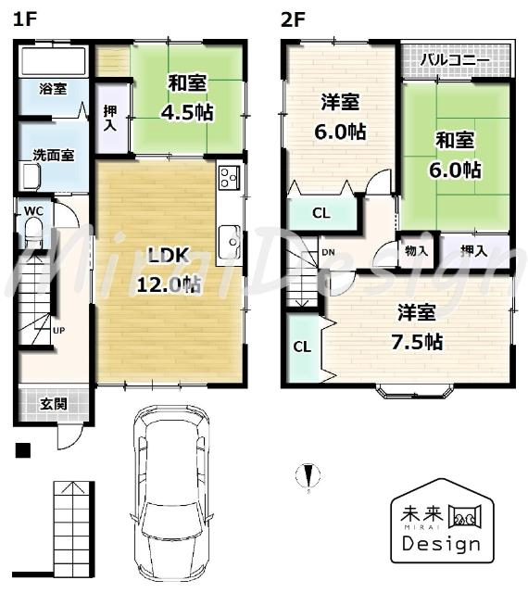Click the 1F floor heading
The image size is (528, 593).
coord(23,19)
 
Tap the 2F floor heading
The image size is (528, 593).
coord(292,19)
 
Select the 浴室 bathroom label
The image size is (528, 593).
coord(52,90)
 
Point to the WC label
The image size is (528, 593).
coord(33,211)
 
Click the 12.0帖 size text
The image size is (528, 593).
coord(169,284)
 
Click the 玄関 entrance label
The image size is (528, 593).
coord(53,404)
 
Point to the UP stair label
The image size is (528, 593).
coord(58,330)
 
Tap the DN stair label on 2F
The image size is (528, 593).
coord(328,251)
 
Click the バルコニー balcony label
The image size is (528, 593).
coord(455,60)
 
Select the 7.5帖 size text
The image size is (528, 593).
coord(415,341)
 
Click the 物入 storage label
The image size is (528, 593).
coord(416,250)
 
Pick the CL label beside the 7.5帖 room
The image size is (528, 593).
coord(301,347)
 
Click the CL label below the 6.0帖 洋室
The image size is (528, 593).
coord(321,213)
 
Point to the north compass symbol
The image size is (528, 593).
coord(307,476)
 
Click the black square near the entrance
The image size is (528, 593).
coord(23,451)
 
